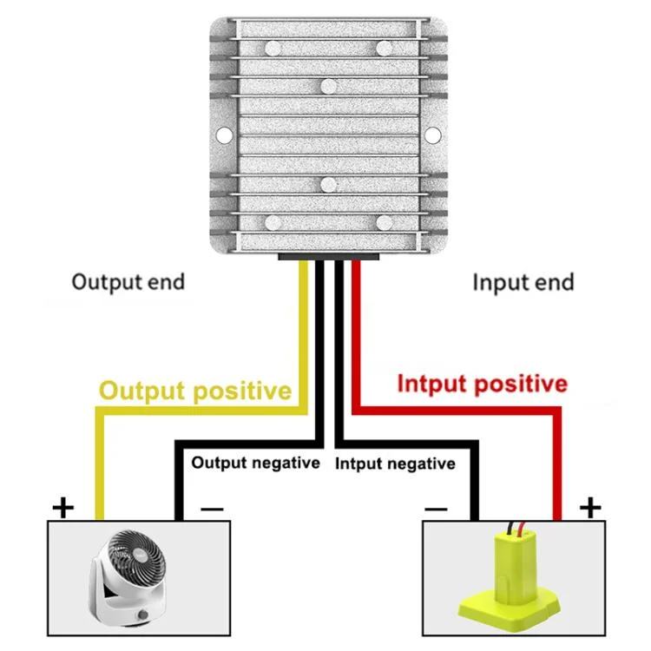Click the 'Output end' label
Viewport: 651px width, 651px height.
pyautogui.click(x=128, y=282)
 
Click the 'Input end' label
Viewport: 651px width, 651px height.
pyautogui.click(x=523, y=282)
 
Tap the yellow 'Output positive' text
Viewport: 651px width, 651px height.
pyautogui.click(x=194, y=391)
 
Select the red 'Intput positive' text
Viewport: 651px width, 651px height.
pyautogui.click(x=482, y=384)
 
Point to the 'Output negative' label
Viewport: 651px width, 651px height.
pyautogui.click(x=255, y=463)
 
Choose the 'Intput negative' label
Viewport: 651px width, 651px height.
pyautogui.click(x=395, y=464)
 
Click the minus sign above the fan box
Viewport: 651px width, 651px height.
pyautogui.click(x=213, y=509)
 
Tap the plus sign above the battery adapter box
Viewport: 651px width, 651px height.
pyautogui.click(x=589, y=507)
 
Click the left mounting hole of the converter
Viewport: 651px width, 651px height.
pyautogui.click(x=223, y=135)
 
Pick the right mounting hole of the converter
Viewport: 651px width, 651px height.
pyautogui.click(x=432, y=135)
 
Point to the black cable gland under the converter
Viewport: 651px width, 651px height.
pyautogui.click(x=328, y=257)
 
